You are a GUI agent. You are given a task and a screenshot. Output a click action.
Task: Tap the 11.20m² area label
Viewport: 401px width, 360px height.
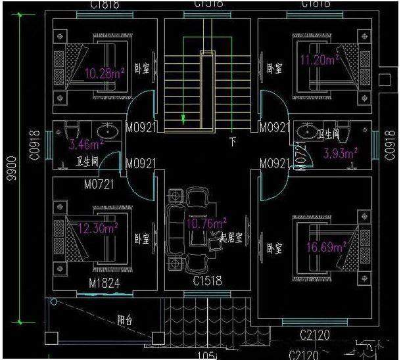point(319,60)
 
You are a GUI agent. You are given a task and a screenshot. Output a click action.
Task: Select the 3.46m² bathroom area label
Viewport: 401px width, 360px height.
point(87,144)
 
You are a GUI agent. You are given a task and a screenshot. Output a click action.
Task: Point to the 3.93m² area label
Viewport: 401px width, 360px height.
point(340,154)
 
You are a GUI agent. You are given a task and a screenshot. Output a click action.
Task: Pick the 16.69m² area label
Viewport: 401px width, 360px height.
point(326,248)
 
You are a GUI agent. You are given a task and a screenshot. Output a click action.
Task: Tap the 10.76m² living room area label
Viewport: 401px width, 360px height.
point(206,223)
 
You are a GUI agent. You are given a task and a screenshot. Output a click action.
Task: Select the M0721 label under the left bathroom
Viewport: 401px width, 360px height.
point(99,184)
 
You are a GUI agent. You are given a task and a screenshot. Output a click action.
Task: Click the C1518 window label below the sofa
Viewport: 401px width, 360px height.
point(207,281)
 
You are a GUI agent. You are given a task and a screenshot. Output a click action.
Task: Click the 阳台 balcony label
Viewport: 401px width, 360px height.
point(124,321)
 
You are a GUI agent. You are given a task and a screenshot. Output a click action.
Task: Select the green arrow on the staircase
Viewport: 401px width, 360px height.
point(183,119)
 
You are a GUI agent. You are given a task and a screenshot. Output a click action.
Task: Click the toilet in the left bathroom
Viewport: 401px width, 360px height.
point(74,129)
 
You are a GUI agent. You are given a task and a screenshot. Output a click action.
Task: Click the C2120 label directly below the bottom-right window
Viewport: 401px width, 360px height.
point(316,336)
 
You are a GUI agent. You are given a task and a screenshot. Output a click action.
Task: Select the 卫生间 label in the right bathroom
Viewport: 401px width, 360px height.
point(329,134)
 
